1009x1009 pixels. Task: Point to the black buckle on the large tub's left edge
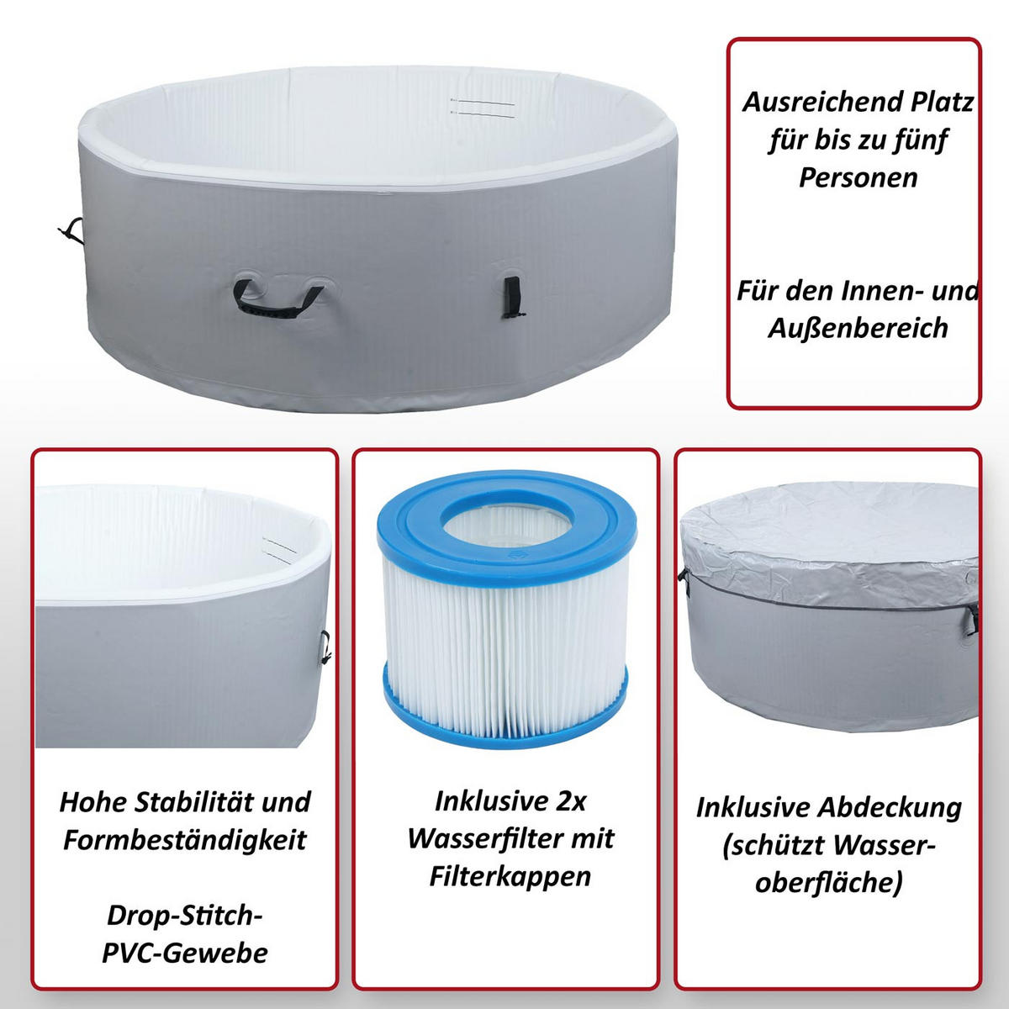click(x=71, y=231)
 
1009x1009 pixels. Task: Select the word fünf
click(x=921, y=141)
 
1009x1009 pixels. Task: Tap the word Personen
click(x=858, y=178)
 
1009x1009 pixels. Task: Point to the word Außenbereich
click(x=858, y=328)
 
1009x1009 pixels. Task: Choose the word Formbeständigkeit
click(x=184, y=840)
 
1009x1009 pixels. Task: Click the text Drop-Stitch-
click(x=185, y=916)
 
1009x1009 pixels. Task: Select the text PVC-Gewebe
click(x=185, y=953)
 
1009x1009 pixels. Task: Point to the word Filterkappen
click(x=510, y=877)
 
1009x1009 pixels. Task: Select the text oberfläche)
click(x=829, y=883)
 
